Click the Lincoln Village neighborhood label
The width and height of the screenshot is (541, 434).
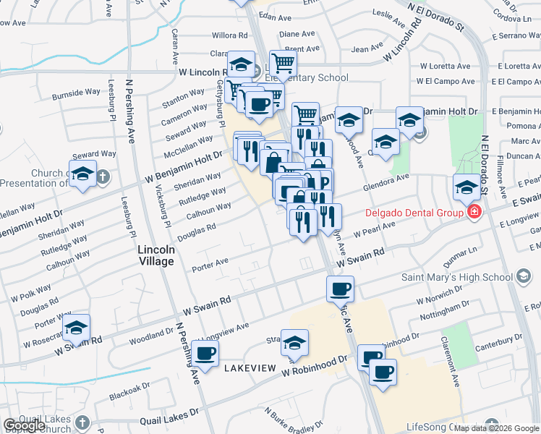tap(156, 255)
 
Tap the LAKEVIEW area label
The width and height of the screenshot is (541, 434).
tap(250, 368)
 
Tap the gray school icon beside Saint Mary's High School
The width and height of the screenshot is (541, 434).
tap(524, 276)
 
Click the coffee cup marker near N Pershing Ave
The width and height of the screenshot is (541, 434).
tap(205, 353)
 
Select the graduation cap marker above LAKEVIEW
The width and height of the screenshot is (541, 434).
tap(294, 343)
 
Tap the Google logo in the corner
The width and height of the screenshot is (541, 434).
tap(24, 425)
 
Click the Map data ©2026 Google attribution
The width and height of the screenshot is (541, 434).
tap(496, 428)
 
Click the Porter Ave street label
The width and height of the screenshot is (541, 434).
tap(210, 264)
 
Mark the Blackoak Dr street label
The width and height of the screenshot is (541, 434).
tap(129, 389)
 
